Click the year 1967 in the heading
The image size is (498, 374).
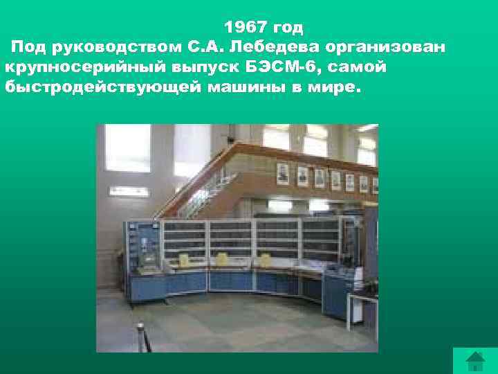245,28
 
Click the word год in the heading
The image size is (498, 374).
287,28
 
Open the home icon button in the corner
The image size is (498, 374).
474,361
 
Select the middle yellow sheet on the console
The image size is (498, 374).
223,259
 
